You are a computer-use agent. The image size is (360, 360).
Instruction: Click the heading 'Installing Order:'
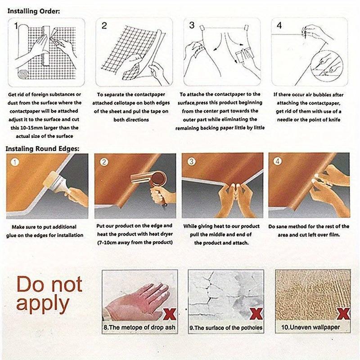pos(33,11)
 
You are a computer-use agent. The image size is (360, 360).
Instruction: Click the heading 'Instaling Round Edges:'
pos(42,149)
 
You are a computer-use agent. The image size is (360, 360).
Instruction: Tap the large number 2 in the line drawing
pos(104,26)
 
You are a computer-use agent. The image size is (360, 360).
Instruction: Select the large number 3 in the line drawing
pos(192,25)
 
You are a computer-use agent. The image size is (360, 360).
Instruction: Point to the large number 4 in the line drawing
pos(279,25)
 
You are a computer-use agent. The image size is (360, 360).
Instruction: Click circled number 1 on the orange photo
pos(15,162)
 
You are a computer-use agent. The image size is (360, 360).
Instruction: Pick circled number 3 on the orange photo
pos(191,162)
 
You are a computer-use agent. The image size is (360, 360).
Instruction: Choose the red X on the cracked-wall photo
pos(256,314)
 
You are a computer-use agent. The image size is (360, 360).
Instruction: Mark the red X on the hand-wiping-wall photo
pos(170,314)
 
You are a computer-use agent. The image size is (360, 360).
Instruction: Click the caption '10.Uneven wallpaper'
pos(310,327)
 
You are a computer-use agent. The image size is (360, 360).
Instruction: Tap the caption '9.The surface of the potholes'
pos(226,328)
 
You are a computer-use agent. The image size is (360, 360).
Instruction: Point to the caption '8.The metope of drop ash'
pos(139,327)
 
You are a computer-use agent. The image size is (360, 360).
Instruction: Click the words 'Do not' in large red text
pos(49,284)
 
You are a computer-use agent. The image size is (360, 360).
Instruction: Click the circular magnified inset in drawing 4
pos(327,65)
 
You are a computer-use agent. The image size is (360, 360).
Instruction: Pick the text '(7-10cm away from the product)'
pos(135,243)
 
